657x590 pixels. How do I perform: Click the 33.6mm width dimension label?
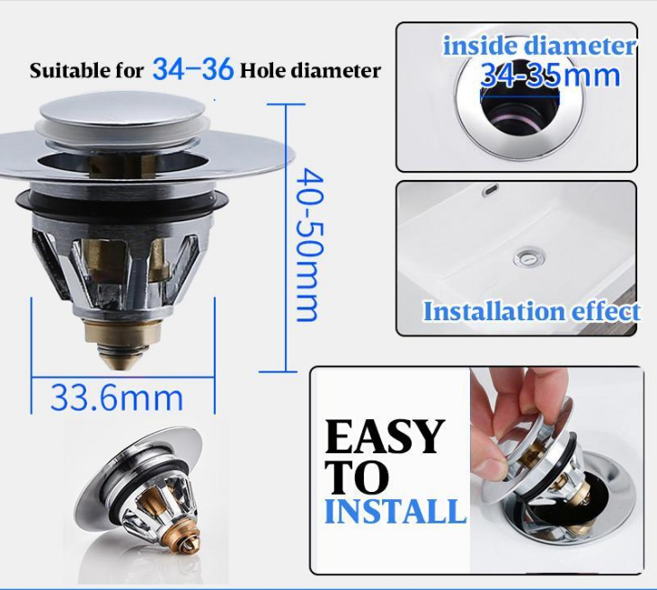117,398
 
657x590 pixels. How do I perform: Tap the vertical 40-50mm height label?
310,245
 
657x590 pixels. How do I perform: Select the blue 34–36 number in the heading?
192,68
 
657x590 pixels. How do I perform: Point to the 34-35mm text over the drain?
550,76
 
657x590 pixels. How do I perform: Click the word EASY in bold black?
385,437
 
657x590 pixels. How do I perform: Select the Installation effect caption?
531,311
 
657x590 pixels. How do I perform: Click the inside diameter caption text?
539,46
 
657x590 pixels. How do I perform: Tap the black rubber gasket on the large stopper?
122,201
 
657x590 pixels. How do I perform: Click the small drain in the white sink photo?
529,256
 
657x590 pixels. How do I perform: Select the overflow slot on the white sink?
490,189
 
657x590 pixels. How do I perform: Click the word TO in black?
357,478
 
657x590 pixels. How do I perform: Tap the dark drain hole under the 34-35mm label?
519,114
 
